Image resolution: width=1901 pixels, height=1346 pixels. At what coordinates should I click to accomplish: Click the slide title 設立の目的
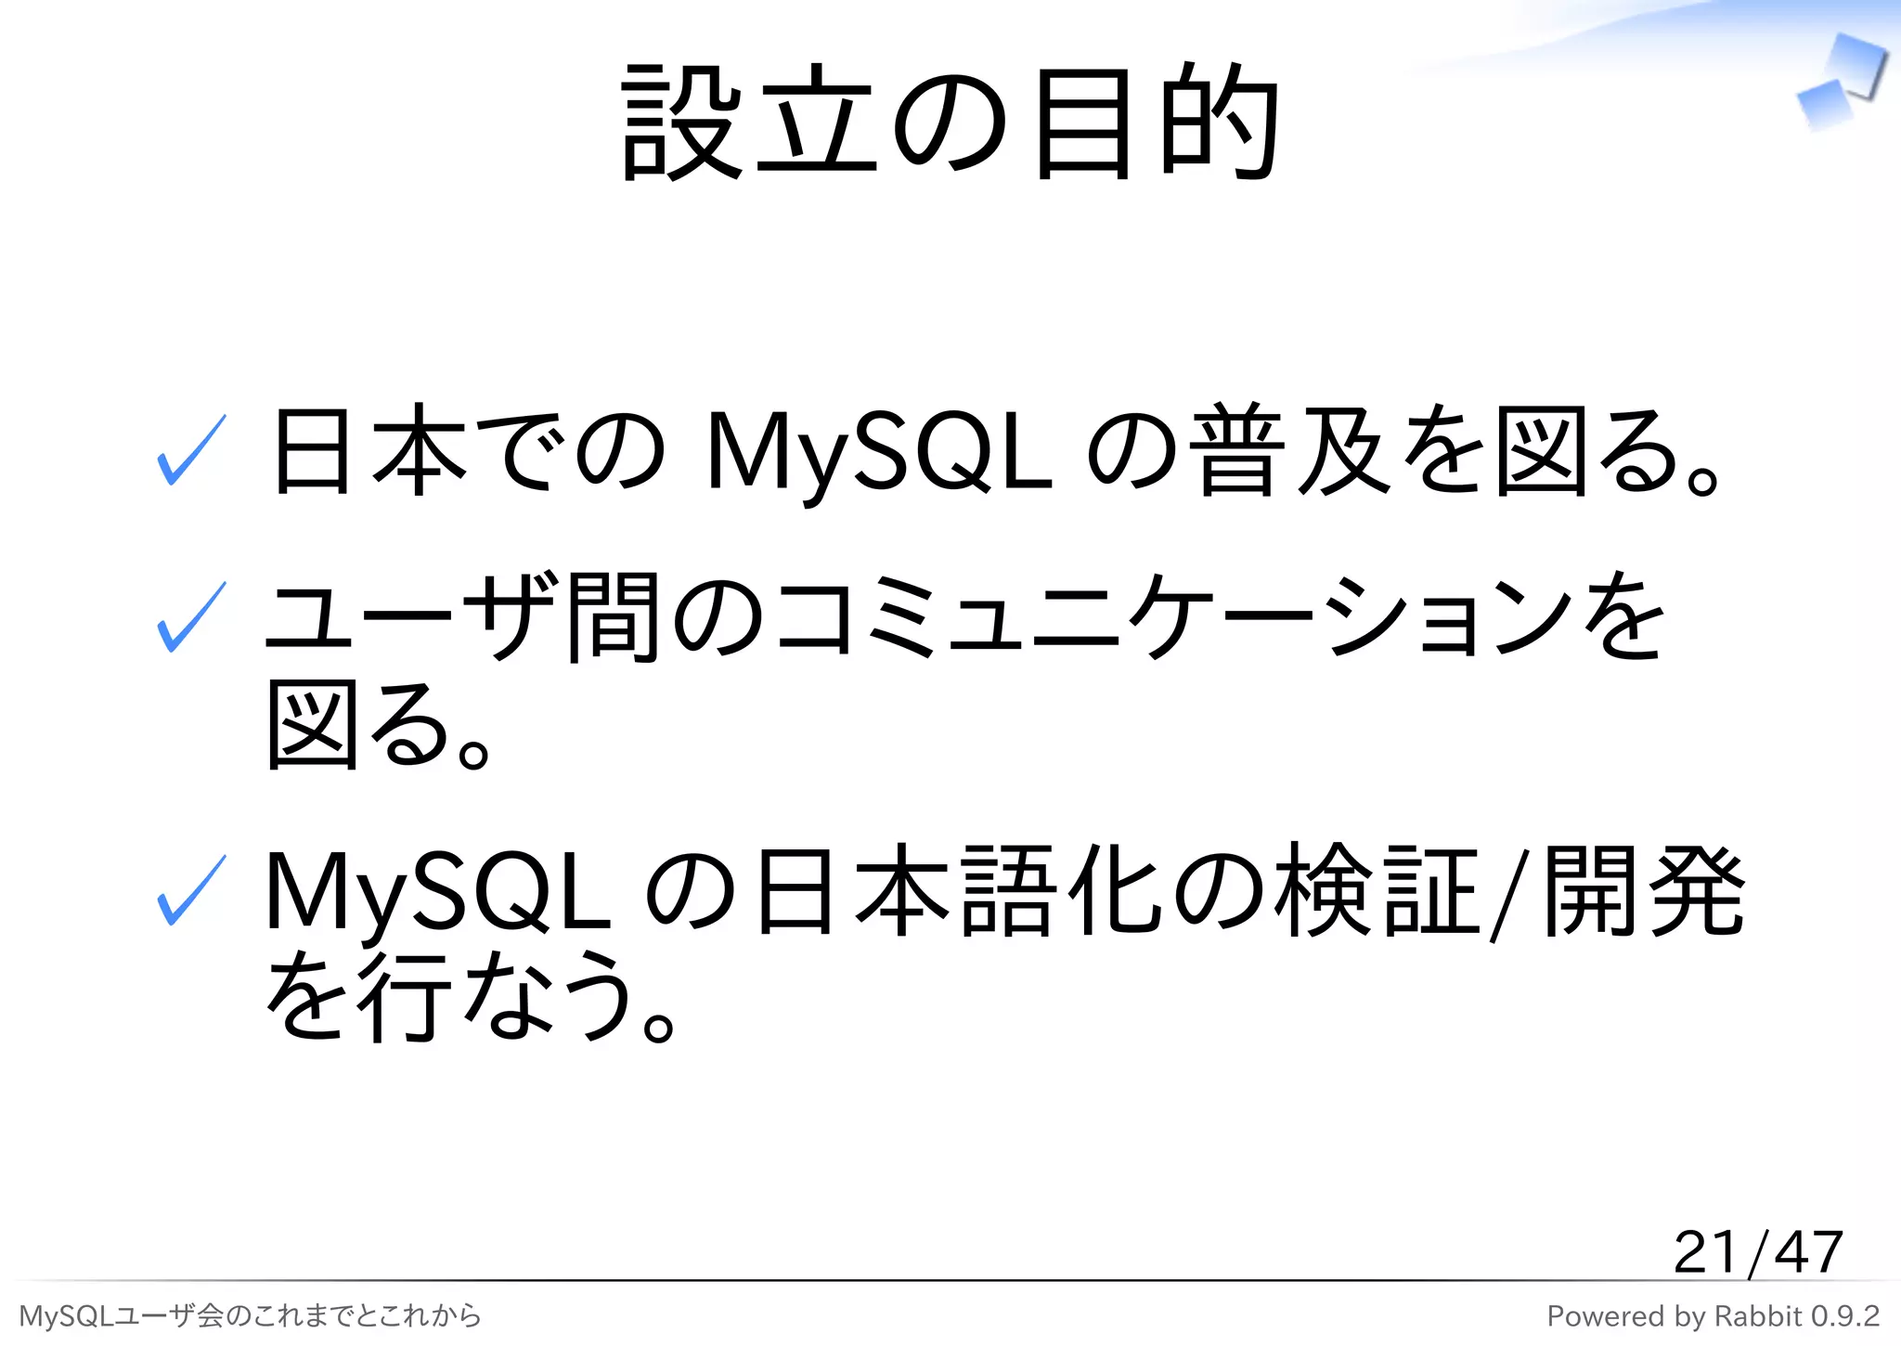950,123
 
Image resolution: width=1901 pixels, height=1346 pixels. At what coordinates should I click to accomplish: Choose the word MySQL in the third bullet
437,892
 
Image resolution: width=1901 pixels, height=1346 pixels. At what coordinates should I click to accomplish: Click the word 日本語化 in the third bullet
957,890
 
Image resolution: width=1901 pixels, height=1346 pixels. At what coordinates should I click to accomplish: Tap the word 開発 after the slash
1644,890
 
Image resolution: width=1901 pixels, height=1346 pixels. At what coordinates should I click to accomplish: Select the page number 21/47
1757,1252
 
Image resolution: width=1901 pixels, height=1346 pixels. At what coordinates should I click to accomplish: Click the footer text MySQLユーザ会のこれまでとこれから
250,1316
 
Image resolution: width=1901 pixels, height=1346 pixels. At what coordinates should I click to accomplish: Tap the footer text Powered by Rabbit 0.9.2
1713,1316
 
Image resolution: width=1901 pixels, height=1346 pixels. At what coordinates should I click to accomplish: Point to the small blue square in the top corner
1824,104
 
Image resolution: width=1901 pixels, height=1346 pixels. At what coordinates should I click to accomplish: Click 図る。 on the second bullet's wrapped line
376,725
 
